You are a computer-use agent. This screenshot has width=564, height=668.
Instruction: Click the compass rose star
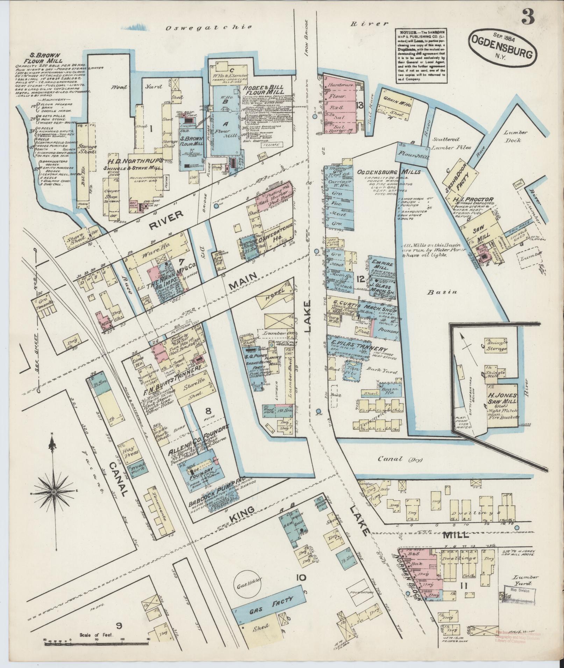click(x=54, y=492)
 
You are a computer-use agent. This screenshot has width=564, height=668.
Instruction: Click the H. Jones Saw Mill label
click(x=501, y=401)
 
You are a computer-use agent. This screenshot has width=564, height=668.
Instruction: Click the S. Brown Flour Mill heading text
click(x=40, y=58)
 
